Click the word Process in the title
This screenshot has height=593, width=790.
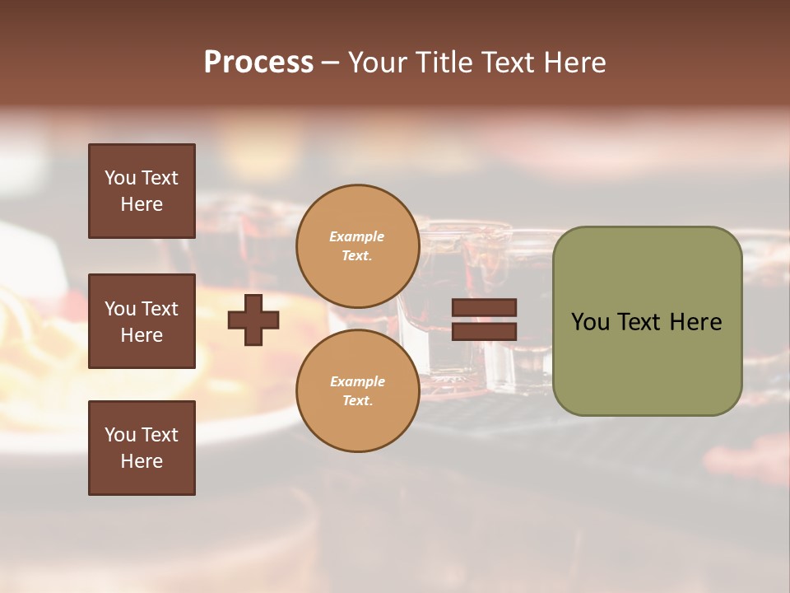[x=258, y=63]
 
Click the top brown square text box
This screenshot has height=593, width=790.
[x=142, y=191]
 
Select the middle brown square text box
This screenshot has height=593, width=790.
[x=142, y=321]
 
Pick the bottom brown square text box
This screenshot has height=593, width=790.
[x=142, y=448]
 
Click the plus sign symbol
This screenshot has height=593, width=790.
[x=253, y=320]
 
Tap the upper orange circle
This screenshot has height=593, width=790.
[x=357, y=245]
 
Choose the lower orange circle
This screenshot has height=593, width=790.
[x=357, y=390]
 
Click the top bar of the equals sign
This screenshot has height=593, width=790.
[x=484, y=308]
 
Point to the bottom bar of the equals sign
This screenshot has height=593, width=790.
[x=484, y=331]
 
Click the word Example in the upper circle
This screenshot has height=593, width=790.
[x=357, y=236]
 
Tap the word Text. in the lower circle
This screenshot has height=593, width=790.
[x=357, y=400]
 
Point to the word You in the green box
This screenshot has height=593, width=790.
[x=590, y=322]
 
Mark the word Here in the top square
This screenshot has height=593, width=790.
[x=142, y=204]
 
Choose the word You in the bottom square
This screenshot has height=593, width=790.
[x=120, y=435]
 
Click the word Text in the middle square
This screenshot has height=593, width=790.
[x=160, y=309]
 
